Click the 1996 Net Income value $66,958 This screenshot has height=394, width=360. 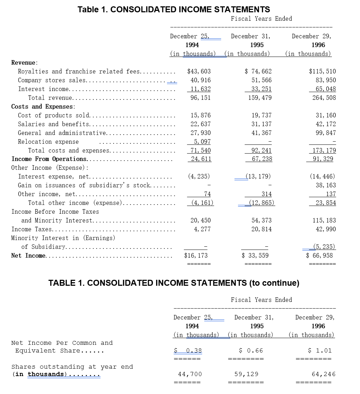click(x=319, y=256)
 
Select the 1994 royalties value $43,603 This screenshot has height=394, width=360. click(x=199, y=71)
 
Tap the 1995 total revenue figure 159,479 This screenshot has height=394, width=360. click(x=260, y=98)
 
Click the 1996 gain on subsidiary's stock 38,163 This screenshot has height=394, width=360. click(x=326, y=185)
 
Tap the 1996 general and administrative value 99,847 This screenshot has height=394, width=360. click(x=326, y=133)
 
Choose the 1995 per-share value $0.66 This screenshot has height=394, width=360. click(x=251, y=350)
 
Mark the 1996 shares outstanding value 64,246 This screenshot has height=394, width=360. click(x=323, y=374)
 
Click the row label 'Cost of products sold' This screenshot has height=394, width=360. click(x=54, y=115)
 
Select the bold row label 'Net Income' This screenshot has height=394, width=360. click(x=28, y=256)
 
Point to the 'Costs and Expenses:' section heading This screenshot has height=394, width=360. click(x=43, y=106)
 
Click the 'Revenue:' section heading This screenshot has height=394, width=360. click(x=24, y=63)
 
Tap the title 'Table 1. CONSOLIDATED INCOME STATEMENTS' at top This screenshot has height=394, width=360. click(x=174, y=9)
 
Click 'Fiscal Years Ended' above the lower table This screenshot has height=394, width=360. click(x=261, y=300)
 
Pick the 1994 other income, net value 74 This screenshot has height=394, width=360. click(x=207, y=194)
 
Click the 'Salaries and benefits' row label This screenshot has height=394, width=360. click(x=53, y=124)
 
